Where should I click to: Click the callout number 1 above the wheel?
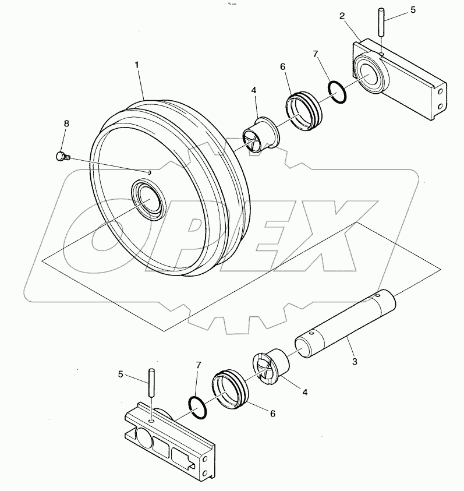pos(137,65)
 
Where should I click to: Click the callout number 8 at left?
pos(66,124)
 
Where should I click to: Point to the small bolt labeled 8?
pos(61,156)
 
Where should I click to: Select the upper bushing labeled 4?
pos(260,134)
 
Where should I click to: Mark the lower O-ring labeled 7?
pos(198,407)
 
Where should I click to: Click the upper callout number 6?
pos(283,67)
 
